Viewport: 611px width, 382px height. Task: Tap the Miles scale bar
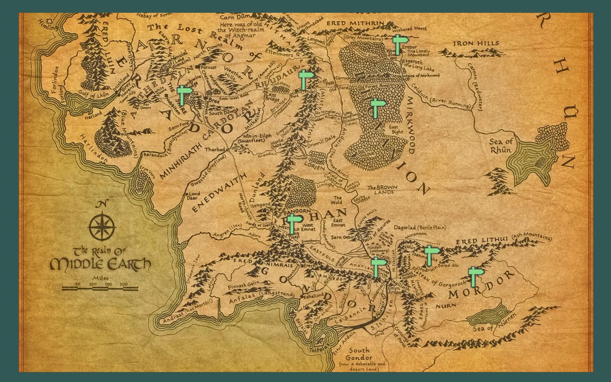100,288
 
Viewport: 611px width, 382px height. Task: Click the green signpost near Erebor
398,45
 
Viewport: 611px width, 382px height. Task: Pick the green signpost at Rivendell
304,80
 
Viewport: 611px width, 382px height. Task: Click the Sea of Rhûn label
501,146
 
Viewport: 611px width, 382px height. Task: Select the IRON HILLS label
476,44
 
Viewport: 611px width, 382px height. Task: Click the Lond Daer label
194,196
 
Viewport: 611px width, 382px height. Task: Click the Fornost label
209,67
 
